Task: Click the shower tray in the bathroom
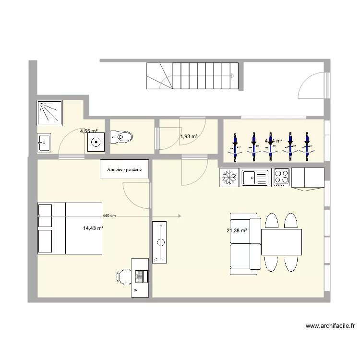49,113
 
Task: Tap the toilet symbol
123,137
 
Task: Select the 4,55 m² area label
89,131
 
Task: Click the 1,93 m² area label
189,137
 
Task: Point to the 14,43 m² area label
93,228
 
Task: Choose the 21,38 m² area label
237,231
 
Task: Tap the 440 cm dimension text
109,216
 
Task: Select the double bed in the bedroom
70,228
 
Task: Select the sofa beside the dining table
245,243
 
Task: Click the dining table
282,242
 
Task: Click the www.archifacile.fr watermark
330,326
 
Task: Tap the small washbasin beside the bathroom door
44,143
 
